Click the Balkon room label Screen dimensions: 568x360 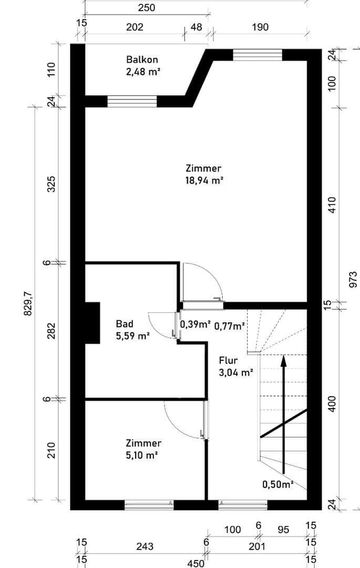tap(142, 60)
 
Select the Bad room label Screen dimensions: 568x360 tap(125, 323)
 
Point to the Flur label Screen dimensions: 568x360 tap(228, 361)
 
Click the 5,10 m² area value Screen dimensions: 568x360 tap(143, 455)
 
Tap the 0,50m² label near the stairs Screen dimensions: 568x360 tap(277, 484)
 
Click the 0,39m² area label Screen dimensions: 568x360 tap(196, 324)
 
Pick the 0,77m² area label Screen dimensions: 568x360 tap(230, 327)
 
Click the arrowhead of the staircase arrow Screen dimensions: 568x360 tap(283, 360)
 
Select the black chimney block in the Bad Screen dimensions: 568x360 tap(92, 323)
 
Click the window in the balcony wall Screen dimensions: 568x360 tap(132, 102)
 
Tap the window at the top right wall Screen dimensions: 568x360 tap(258, 55)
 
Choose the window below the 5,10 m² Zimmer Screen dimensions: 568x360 tap(149, 505)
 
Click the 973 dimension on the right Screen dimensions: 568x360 tap(353, 279)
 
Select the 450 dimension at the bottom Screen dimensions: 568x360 tap(196, 563)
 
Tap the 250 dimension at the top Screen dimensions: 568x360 tap(146, 8)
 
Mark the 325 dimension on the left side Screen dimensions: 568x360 tap(52, 184)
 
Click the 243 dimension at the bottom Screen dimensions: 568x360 tap(145, 547)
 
